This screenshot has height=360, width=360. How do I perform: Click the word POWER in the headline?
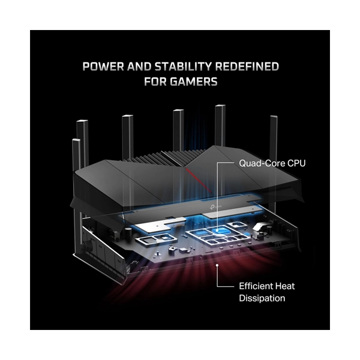(x=103, y=67)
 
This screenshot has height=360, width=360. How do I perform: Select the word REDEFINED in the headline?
(x=247, y=67)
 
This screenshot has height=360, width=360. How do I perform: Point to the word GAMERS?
(x=194, y=82)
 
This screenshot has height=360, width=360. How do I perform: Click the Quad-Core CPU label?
(x=272, y=163)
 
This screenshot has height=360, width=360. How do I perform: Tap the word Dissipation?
(x=262, y=298)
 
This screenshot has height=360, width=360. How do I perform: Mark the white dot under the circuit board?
(x=217, y=265)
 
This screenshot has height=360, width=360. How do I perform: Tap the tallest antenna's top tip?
(x=220, y=106)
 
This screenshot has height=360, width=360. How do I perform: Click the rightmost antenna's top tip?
(x=274, y=116)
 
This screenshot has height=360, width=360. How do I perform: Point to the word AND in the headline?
(x=139, y=67)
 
